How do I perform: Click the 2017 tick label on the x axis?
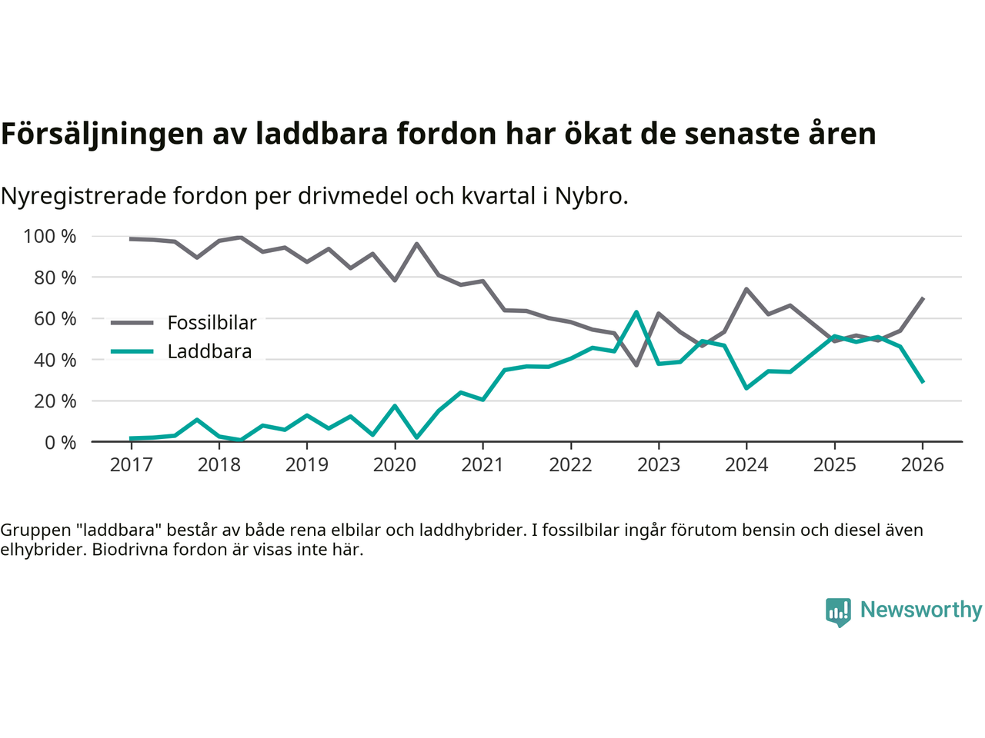click(131, 465)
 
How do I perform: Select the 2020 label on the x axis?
click(395, 465)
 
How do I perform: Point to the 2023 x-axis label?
click(659, 465)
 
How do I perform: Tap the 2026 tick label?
click(922, 465)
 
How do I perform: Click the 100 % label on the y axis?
click(50, 237)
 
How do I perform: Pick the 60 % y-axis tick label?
click(55, 319)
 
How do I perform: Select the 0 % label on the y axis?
click(59, 443)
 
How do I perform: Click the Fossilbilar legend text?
click(212, 323)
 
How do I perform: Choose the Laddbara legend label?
click(209, 352)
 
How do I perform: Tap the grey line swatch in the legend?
click(132, 323)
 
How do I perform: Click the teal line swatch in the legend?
click(132, 352)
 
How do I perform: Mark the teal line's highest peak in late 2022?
click(636, 312)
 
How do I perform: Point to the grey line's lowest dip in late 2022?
click(636, 364)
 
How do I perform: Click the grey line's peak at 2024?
click(746, 289)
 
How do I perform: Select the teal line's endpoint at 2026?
click(923, 382)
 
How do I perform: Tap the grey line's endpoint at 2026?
click(923, 298)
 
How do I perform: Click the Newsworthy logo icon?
click(838, 612)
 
